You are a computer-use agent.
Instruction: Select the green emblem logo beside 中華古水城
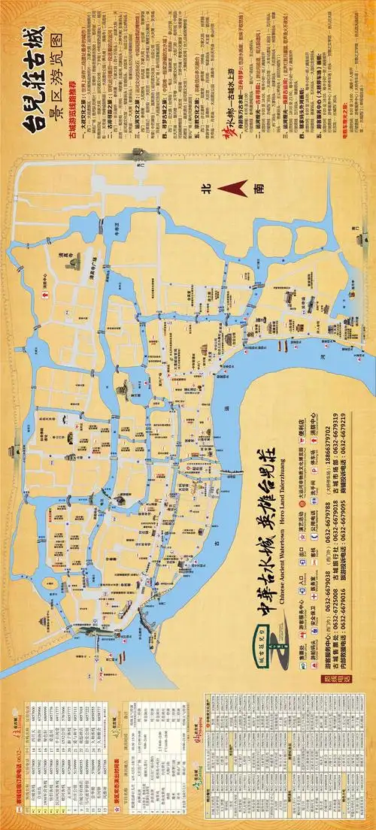tap(278, 643)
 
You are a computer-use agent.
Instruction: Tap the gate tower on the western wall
tap(14, 450)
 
